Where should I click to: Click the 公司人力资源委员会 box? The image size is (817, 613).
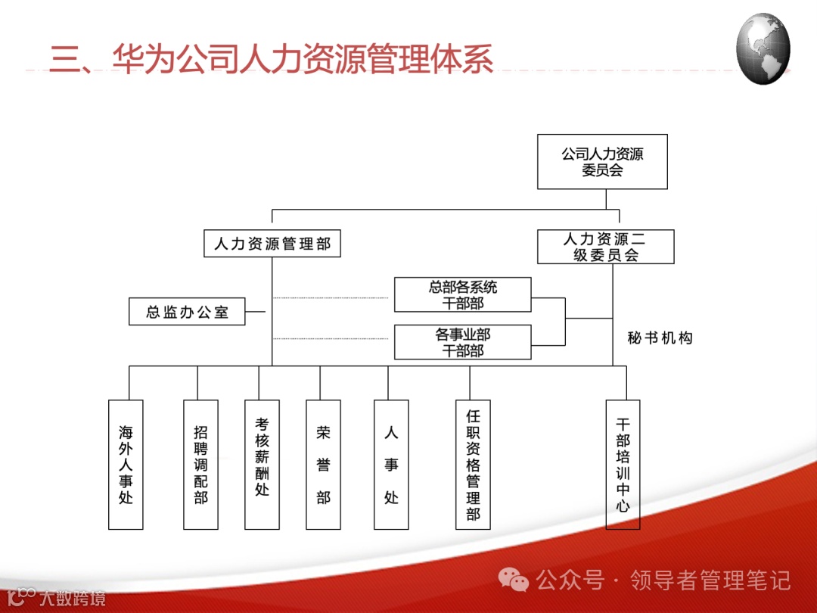tap(602, 162)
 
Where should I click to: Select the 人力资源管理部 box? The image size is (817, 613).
tap(272, 244)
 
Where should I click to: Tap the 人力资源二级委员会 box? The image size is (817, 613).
tap(605, 247)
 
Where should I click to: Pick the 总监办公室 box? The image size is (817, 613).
tap(187, 311)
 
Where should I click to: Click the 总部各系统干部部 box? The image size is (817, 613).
tap(463, 295)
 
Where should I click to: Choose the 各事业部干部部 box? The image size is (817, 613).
tap(463, 342)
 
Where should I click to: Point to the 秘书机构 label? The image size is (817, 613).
tap(660, 338)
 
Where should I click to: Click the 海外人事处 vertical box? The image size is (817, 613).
tap(126, 464)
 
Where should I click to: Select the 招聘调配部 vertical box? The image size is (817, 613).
tap(200, 464)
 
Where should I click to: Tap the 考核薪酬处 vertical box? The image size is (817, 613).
tap(262, 464)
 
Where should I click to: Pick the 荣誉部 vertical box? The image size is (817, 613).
tap(323, 464)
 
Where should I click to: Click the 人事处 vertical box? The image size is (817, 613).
tap(391, 464)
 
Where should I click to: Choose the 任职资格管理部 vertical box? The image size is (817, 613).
tap(473, 464)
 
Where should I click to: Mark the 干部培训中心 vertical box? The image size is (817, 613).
tap(623, 464)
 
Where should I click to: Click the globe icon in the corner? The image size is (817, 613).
tap(763, 48)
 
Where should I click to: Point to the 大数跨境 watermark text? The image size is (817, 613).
tap(73, 598)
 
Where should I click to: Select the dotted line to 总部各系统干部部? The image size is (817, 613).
tap(331, 297)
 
